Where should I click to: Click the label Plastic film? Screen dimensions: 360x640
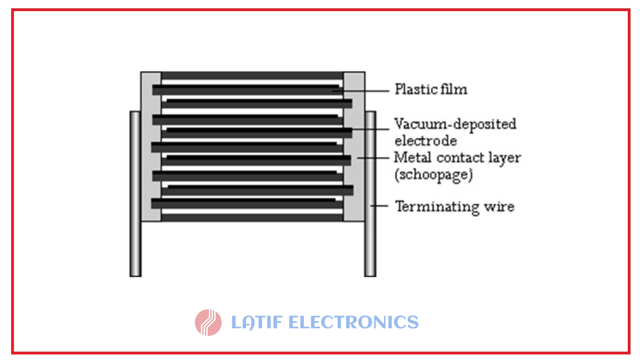[431, 89]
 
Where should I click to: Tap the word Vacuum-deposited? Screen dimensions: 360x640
[455, 123]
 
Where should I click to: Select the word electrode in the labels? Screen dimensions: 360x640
[426, 140]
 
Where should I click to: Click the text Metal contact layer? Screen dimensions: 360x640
[457, 157]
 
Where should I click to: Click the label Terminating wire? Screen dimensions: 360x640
[454, 207]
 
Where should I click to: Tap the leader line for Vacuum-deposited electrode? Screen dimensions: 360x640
[372, 129]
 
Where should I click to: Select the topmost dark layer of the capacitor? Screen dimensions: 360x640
[252, 75]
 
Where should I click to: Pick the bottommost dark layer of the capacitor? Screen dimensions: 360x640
[252, 218]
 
